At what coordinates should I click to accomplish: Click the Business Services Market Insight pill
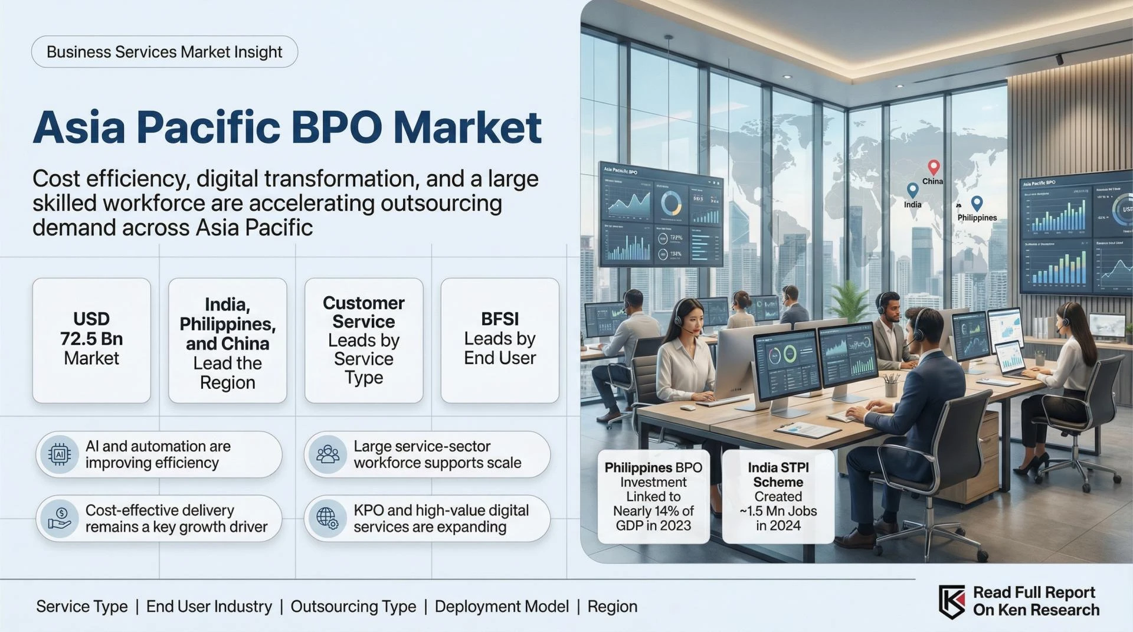click(164, 52)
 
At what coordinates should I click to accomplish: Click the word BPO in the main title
click(336, 127)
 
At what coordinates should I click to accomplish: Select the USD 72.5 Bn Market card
click(91, 340)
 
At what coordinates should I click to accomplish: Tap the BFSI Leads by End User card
click(499, 340)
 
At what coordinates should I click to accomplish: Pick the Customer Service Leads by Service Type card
click(364, 340)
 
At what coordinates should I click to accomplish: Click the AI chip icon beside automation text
click(59, 454)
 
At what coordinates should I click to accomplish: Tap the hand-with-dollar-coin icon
click(60, 518)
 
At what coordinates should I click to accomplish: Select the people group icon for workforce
click(328, 454)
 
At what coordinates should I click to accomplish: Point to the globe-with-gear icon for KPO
click(328, 518)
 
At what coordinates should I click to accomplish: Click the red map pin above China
click(933, 167)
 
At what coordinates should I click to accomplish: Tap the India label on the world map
click(912, 205)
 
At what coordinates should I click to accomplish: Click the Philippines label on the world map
click(977, 218)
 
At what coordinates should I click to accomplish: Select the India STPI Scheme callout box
click(778, 496)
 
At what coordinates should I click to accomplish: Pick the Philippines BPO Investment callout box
click(653, 496)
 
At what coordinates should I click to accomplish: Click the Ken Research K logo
click(952, 601)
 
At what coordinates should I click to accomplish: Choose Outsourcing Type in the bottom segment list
click(353, 607)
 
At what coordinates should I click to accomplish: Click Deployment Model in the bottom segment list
click(502, 607)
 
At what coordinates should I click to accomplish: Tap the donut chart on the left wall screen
click(671, 204)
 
